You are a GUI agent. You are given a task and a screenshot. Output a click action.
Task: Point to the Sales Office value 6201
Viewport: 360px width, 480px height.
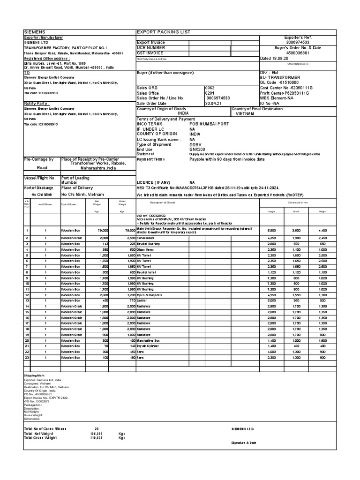click(x=210, y=93)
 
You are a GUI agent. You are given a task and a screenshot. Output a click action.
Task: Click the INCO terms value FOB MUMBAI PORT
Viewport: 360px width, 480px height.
click(x=210, y=124)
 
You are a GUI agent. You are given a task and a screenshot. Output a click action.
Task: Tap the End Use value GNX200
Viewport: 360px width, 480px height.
click(x=196, y=149)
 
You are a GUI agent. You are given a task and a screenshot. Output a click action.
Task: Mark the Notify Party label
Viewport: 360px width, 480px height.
click(x=37, y=103)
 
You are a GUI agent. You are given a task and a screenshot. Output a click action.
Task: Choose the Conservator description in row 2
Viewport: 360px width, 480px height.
click(x=149, y=238)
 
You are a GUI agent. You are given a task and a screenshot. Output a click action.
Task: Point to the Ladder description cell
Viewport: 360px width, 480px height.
click(x=142, y=301)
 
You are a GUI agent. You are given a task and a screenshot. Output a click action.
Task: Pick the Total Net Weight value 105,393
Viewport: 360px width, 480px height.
click(x=96, y=434)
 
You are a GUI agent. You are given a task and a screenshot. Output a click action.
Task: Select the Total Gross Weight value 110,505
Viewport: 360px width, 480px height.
click(x=96, y=438)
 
